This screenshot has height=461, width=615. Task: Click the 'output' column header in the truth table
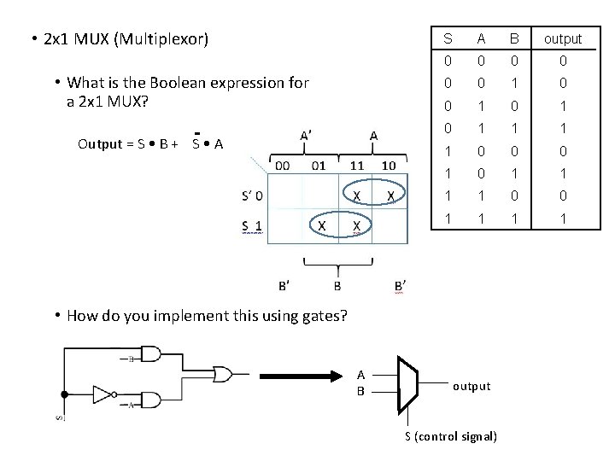coord(562,38)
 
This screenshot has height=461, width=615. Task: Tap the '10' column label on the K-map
coord(388,165)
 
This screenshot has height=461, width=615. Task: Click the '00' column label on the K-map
coord(281,165)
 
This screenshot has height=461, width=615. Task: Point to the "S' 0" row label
coord(252,195)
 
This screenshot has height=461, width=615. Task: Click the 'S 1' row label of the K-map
coord(252,225)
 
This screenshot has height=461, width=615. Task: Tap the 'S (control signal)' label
coord(450,436)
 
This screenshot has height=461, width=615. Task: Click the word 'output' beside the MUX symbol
coord(471,386)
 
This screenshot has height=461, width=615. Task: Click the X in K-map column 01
coord(320,225)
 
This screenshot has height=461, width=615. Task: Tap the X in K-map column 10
coord(390,195)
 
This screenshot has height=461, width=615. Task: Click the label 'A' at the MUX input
coord(361,375)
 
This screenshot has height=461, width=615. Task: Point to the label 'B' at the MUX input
coord(361,391)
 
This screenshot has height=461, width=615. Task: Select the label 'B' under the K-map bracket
coord(337,284)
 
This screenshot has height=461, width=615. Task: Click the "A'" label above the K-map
coord(306,135)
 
